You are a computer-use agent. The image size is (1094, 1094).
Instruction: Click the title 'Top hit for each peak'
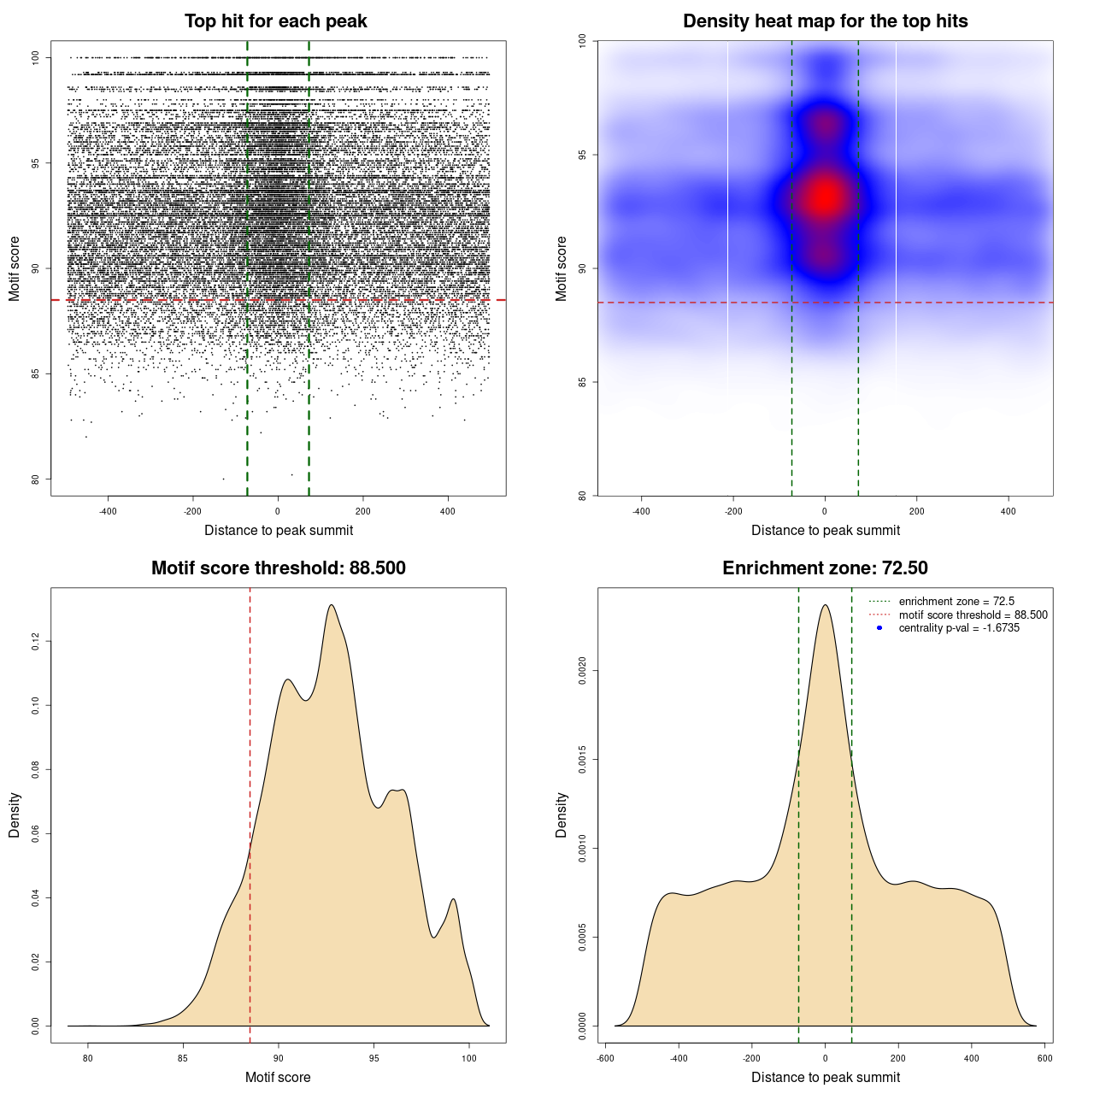[275, 21]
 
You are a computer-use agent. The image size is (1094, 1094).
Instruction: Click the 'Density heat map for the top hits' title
[825, 21]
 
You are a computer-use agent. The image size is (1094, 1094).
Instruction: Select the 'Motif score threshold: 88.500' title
[278, 568]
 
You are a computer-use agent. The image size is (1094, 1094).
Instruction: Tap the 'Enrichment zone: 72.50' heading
[825, 568]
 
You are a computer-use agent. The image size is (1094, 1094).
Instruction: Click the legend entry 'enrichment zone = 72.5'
[956, 602]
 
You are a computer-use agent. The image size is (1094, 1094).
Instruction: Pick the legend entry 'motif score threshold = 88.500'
[973, 615]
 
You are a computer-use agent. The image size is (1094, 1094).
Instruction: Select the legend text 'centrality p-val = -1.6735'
[959, 628]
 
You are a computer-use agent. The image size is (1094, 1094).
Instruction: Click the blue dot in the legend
[879, 628]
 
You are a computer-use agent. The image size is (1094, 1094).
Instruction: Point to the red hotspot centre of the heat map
[825, 197]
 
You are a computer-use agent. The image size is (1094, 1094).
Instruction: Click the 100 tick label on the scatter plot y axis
[35, 57]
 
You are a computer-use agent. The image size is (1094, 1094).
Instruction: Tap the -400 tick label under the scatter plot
[108, 512]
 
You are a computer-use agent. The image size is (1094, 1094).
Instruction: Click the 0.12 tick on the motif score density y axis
[35, 641]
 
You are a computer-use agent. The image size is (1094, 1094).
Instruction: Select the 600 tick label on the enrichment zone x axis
[1044, 1058]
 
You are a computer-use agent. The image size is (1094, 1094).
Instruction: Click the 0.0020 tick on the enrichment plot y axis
[582, 671]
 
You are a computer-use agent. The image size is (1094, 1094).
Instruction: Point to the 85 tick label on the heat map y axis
[582, 382]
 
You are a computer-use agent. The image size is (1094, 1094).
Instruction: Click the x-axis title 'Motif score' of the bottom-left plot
[278, 1077]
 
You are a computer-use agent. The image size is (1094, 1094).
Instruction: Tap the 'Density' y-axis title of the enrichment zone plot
[562, 815]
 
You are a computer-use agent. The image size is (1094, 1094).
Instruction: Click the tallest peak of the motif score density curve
[331, 605]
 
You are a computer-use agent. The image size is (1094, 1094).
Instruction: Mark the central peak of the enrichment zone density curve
[825, 605]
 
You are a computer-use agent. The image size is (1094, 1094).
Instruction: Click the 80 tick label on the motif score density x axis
[88, 1058]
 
